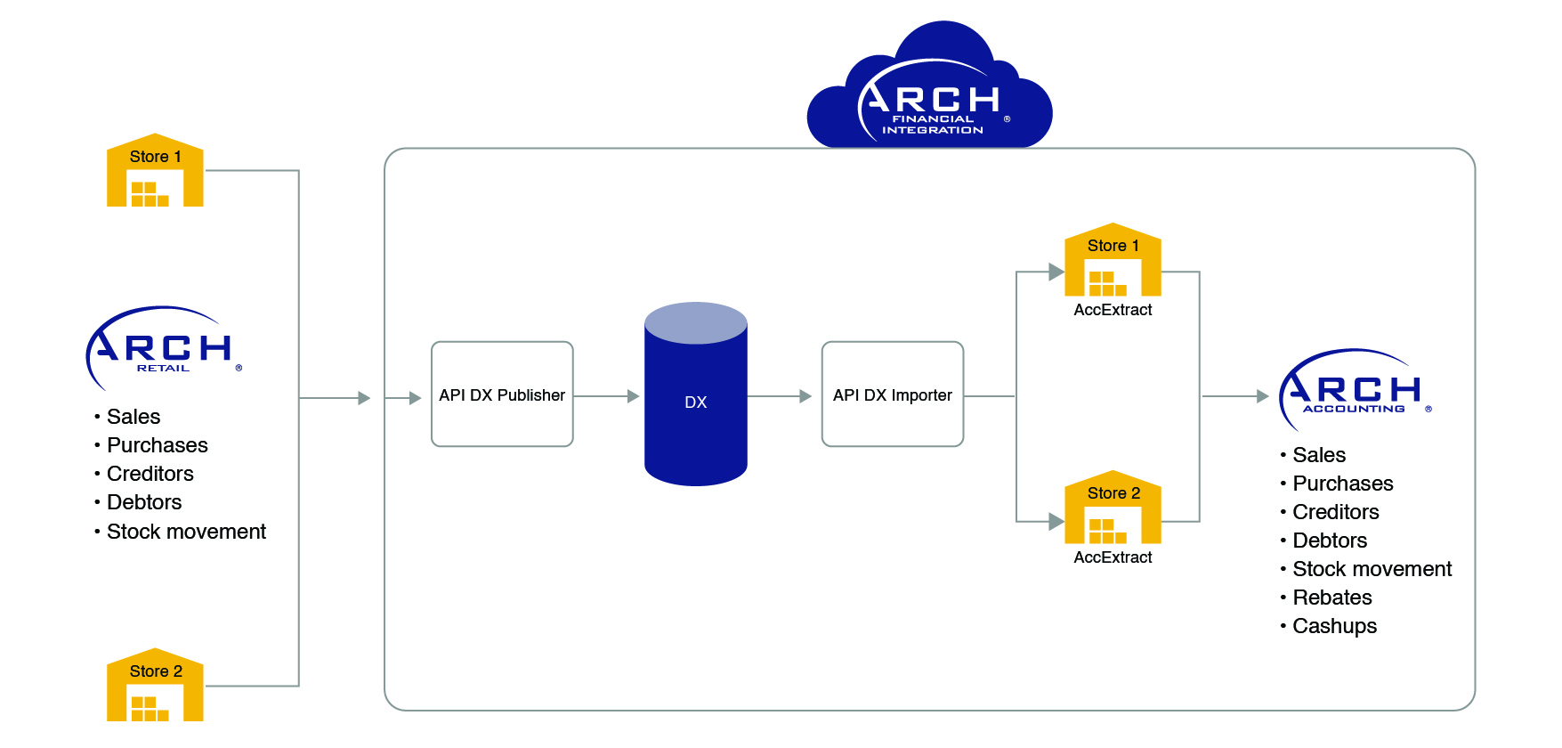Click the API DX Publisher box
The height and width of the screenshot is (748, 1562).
click(x=502, y=394)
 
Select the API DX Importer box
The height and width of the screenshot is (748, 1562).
click(x=892, y=394)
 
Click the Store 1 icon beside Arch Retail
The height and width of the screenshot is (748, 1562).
click(x=155, y=171)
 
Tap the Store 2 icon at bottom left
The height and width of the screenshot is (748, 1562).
click(x=155, y=685)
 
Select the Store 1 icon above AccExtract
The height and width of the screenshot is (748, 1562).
click(x=1113, y=260)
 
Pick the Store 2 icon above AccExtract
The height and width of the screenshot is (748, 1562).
click(x=1113, y=508)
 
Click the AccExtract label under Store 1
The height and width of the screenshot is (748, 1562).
click(x=1113, y=310)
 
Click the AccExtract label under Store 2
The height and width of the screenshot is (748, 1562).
click(x=1113, y=557)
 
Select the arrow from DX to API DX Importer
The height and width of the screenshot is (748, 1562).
click(x=780, y=396)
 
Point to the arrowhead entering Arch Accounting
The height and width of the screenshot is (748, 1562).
click(x=1262, y=396)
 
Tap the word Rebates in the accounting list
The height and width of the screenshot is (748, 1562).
click(x=1331, y=598)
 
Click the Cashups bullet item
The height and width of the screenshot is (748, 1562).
click(x=1334, y=626)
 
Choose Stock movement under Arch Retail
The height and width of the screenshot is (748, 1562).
click(x=186, y=532)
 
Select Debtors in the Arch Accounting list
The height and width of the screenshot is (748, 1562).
click(x=1329, y=541)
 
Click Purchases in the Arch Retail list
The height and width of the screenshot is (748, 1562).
click(x=157, y=445)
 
